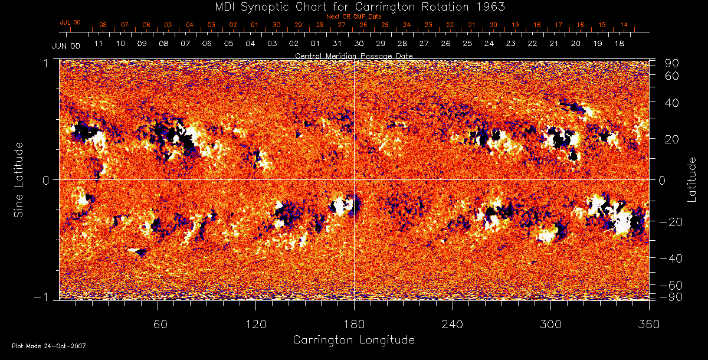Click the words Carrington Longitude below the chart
(353, 340)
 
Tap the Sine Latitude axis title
(19, 179)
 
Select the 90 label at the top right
(673, 63)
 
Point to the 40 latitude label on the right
(673, 103)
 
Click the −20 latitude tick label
(670, 221)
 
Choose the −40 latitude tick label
(670, 258)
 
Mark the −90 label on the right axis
(670, 296)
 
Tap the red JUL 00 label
(70, 22)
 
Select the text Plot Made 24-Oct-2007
(49, 346)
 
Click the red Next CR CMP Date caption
(353, 17)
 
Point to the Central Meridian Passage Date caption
(353, 55)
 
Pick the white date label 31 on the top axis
(337, 44)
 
